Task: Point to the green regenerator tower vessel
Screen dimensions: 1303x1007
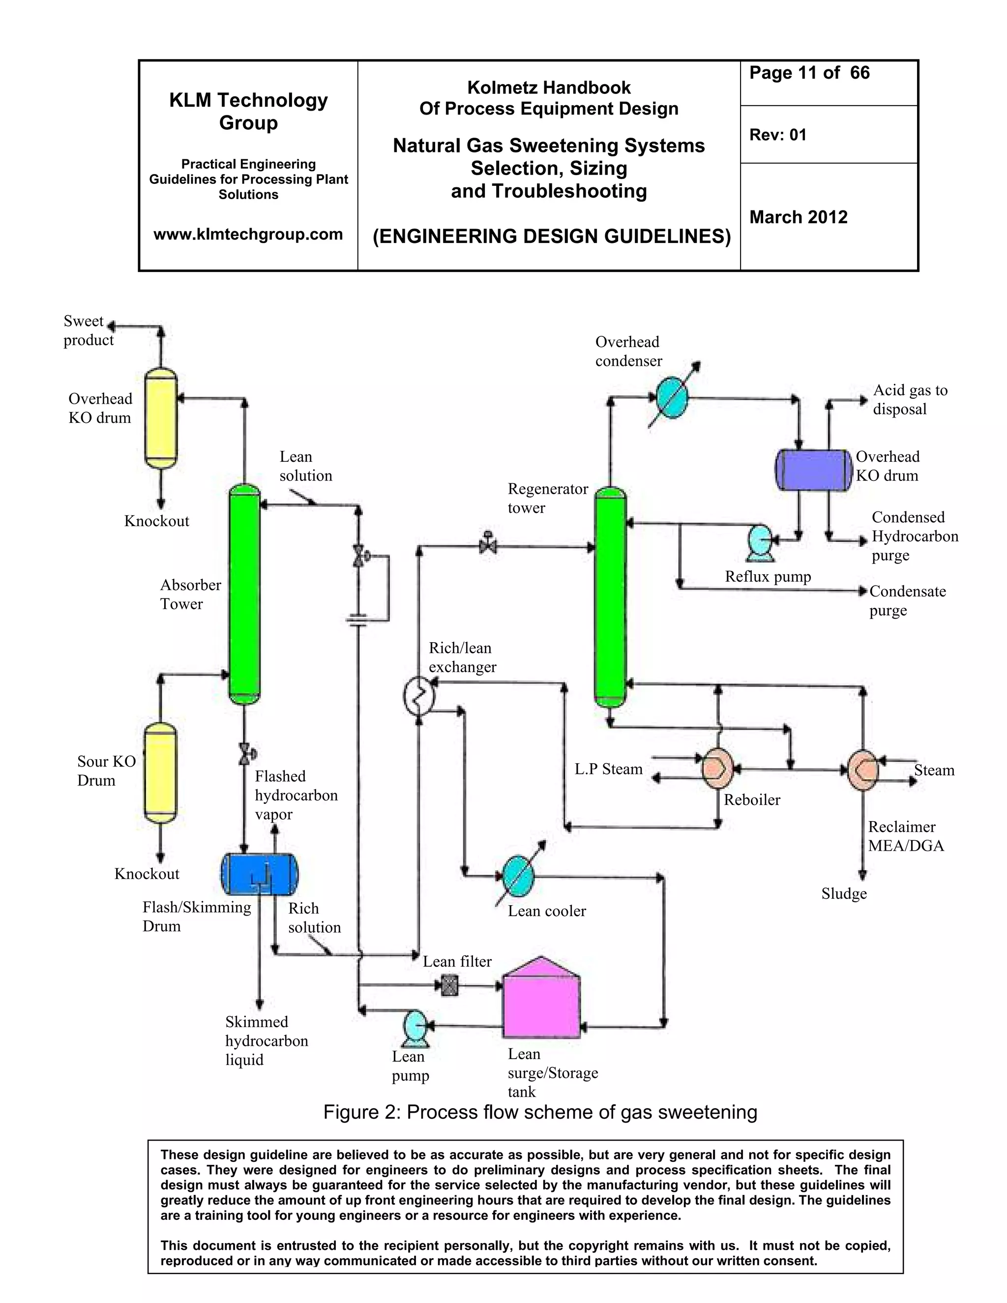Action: point(610,596)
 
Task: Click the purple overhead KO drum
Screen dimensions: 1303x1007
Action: point(813,470)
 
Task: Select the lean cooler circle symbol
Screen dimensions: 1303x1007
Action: point(518,876)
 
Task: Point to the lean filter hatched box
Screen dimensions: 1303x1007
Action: point(449,985)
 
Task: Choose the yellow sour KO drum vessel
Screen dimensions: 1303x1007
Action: point(160,772)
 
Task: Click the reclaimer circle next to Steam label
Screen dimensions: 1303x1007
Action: point(862,770)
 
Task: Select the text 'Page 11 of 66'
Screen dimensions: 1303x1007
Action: point(809,73)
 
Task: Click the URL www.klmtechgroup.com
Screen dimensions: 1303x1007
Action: point(248,234)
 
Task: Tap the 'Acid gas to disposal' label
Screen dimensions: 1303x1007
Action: point(909,399)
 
